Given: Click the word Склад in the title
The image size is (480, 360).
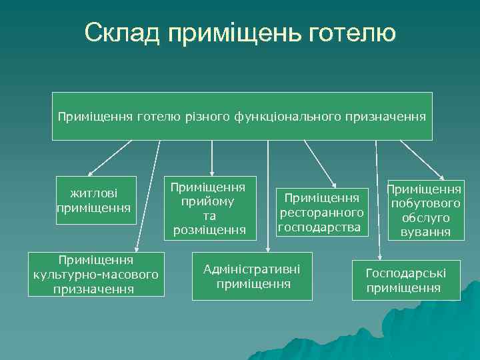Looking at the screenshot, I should point(121,33).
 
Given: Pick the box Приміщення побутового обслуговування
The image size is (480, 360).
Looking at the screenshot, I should point(425,211).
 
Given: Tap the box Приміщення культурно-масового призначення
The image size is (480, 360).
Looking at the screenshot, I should point(95,274).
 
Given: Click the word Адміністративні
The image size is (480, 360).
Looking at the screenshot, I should point(251,269).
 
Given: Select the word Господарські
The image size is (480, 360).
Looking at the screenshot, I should point(406,273).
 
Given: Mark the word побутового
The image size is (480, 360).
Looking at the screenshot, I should point(425,203).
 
